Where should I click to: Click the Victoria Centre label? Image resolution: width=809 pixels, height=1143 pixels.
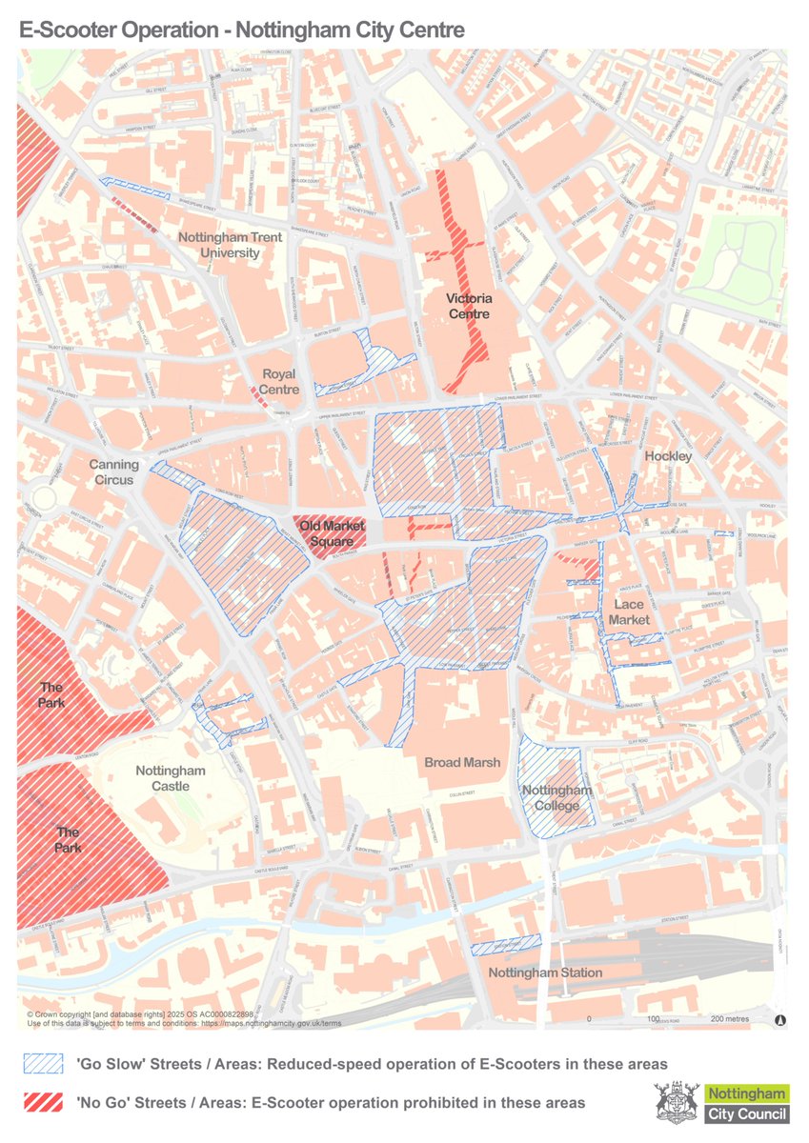pos(469,306)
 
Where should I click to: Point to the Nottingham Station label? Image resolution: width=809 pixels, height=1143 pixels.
pos(545,973)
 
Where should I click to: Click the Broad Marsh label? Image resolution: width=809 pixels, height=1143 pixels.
pos(462,762)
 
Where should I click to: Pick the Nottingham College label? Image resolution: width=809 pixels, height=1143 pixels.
pos(557,798)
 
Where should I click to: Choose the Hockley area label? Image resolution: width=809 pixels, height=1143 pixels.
pos(668,457)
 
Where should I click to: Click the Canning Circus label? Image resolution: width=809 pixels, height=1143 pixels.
pos(114,472)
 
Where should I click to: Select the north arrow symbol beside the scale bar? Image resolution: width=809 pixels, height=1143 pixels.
pos(780,1019)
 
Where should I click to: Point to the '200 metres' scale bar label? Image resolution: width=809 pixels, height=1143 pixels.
pos(729,1019)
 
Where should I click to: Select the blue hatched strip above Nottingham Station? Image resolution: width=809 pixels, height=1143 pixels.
pos(506,944)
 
